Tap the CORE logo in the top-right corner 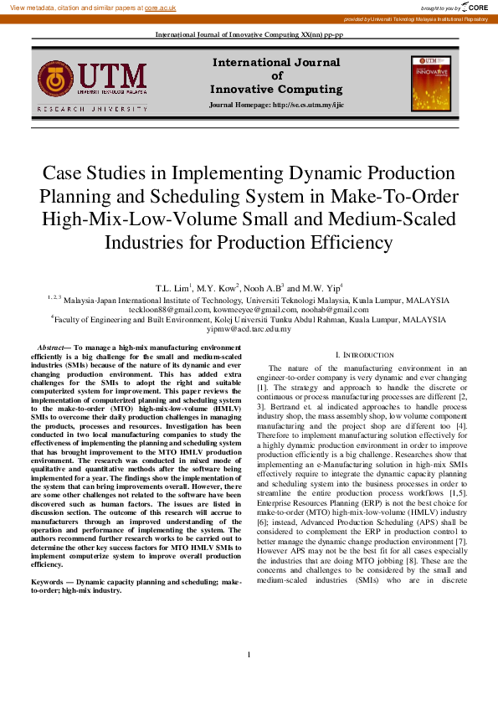point(475,7)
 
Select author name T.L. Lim point(171,287)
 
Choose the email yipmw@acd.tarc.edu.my point(249,329)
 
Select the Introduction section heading point(369,355)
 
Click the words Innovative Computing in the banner point(276,89)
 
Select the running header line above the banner point(249,34)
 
